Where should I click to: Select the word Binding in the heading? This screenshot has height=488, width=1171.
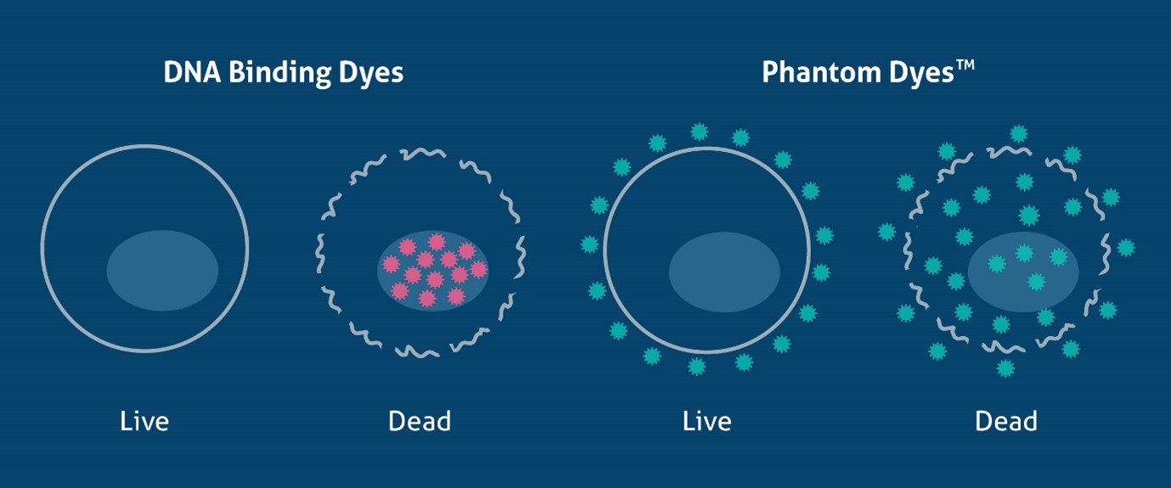279,74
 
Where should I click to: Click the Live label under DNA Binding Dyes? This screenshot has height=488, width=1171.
144,421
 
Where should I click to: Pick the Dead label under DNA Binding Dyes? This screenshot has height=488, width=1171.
419,421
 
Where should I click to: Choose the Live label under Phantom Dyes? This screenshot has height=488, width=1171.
707,421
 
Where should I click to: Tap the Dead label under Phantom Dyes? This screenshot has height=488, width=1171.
1005,421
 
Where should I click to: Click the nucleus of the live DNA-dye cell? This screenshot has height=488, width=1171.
162,270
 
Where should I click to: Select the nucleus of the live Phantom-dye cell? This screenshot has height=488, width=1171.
724,272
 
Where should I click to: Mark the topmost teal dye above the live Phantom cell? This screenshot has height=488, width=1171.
699,132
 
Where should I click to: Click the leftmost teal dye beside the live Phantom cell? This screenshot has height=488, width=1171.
589,244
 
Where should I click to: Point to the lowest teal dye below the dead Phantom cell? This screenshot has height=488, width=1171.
1005,368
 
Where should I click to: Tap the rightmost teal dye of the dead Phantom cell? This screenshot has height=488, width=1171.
1126,248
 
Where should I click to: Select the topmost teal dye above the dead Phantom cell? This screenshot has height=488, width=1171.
1018,134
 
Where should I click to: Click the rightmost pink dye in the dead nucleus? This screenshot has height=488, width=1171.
478,270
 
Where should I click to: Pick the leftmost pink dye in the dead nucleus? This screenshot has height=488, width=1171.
391,265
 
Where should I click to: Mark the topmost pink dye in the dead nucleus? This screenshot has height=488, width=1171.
436,242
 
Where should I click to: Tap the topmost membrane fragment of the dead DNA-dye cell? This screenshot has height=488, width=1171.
422,153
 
